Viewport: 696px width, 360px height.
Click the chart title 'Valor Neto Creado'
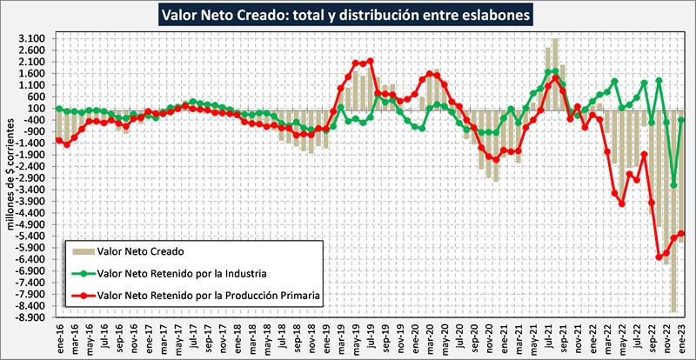(348, 15)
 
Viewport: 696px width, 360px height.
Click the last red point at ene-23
(681, 233)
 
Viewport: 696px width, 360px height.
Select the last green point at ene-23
(681, 120)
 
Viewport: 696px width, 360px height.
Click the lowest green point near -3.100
(673, 184)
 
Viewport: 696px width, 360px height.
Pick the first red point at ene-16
(58, 140)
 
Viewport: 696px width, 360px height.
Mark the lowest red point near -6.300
(659, 257)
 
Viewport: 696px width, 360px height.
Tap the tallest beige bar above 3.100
(555, 39)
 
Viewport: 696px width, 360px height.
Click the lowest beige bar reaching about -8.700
(673, 310)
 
